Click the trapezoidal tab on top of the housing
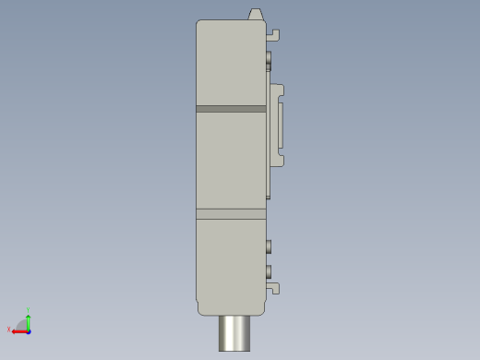256,15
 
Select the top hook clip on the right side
273,35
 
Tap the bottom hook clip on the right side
273,288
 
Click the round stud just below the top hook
269,60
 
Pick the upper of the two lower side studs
269,246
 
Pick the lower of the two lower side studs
269,270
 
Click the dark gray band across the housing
231,109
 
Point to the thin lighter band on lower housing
231,214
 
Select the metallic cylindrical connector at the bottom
234,333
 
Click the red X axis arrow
18,330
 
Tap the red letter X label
8,330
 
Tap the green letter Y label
29,309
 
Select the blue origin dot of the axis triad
29,330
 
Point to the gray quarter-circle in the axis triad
22,325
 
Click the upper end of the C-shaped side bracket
278,90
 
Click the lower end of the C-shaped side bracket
278,160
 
